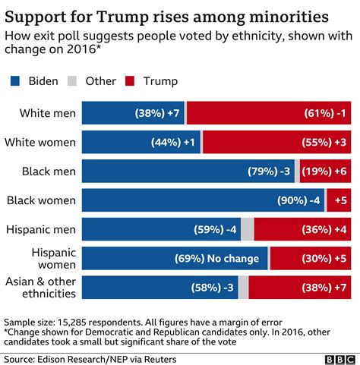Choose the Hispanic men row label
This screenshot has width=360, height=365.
point(40,228)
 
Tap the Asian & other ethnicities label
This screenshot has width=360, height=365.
point(39,286)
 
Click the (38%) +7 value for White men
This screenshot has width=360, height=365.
point(156,114)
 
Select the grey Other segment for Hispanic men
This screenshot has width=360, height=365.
point(248,229)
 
